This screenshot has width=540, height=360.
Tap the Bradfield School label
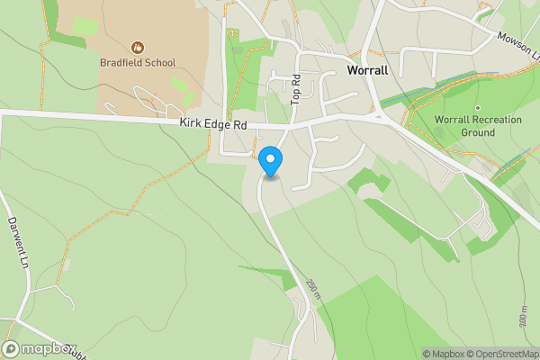click(138, 63)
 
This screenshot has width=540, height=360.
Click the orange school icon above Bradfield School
click(138, 46)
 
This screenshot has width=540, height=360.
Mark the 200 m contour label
click(523, 314)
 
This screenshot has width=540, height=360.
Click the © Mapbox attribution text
click(445, 354)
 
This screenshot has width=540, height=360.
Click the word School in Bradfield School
click(158, 63)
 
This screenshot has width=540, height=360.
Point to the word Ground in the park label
click(478, 132)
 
